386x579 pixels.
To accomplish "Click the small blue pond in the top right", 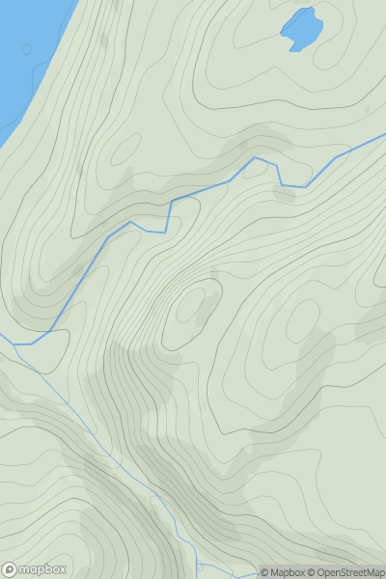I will pos(302,30).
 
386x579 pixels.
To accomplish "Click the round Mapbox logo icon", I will pos(11,569).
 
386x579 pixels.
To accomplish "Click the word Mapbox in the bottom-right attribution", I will pos(290,572).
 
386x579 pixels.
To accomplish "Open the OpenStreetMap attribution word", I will pos(348,572).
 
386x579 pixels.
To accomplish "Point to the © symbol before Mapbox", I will pos(264,572).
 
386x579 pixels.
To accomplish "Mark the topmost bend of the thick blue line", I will pos(255,157).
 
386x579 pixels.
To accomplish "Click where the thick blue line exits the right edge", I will pos(384,136).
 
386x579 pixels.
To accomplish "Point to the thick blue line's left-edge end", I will pos(2,344).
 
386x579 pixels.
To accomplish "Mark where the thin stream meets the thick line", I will pos(15,345).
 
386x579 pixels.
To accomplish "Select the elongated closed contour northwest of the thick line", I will pos(125,150).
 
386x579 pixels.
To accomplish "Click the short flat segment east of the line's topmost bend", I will pos(293,185).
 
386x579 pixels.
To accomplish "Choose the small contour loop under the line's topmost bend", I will pos(284,194).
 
